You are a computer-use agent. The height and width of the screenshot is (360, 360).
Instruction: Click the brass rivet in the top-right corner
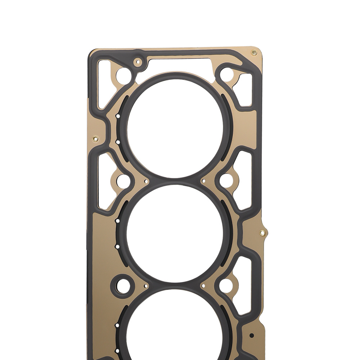click(254, 53)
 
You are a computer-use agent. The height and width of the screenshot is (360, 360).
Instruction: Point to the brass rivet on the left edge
click(95, 139)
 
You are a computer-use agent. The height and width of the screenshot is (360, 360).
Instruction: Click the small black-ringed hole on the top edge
click(138, 63)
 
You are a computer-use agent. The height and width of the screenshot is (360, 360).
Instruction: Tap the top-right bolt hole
click(226, 74)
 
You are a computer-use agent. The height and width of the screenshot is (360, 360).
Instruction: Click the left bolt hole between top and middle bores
click(123, 181)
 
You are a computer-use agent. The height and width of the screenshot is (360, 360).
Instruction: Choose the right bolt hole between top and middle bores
click(226, 181)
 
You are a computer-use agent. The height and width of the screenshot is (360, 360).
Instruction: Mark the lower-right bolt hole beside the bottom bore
click(226, 285)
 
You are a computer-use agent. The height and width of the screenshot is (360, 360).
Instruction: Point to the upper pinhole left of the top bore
click(118, 116)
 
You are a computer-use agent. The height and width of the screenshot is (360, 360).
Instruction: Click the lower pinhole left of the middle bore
click(117, 247)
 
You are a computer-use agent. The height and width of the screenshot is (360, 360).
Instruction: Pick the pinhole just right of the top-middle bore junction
click(203, 181)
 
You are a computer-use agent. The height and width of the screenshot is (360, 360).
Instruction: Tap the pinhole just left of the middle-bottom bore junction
click(146, 286)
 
